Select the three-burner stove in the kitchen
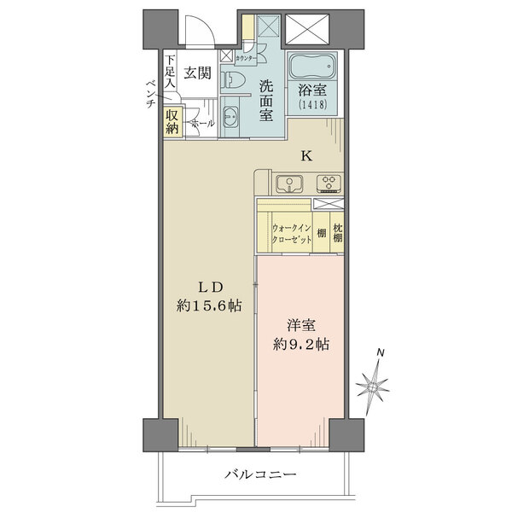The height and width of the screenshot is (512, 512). click(x=328, y=183)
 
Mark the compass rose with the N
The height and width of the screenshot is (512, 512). click(x=375, y=387)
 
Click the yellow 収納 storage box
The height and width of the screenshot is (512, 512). click(x=172, y=122)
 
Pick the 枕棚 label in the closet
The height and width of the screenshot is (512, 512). click(x=338, y=234)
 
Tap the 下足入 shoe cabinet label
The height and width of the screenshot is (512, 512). click(x=171, y=73)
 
